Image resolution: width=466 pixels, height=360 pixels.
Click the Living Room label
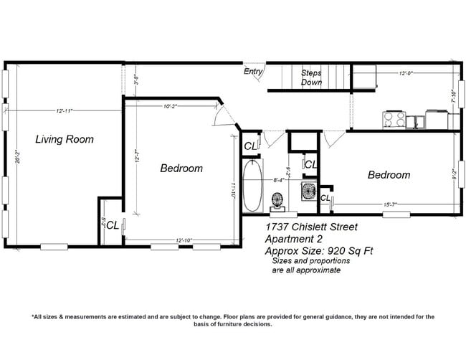tap(65, 139)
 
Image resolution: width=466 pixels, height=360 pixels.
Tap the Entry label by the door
tap(253, 72)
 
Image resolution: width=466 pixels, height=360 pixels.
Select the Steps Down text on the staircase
tap(311, 77)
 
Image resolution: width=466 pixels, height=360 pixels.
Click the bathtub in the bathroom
tap(252, 186)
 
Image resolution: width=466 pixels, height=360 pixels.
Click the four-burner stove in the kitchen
tap(393, 119)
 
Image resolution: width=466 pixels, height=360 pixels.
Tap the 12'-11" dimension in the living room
tap(63, 110)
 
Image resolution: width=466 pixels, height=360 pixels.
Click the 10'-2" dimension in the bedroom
tap(171, 106)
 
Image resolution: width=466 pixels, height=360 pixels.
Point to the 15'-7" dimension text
tap(391, 205)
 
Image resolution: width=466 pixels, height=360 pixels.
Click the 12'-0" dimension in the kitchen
tap(406, 72)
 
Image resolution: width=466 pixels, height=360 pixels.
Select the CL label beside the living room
tap(113, 224)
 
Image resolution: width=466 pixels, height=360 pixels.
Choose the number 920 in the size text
tap(329, 251)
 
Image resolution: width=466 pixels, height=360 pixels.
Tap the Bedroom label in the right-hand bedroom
tap(389, 174)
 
